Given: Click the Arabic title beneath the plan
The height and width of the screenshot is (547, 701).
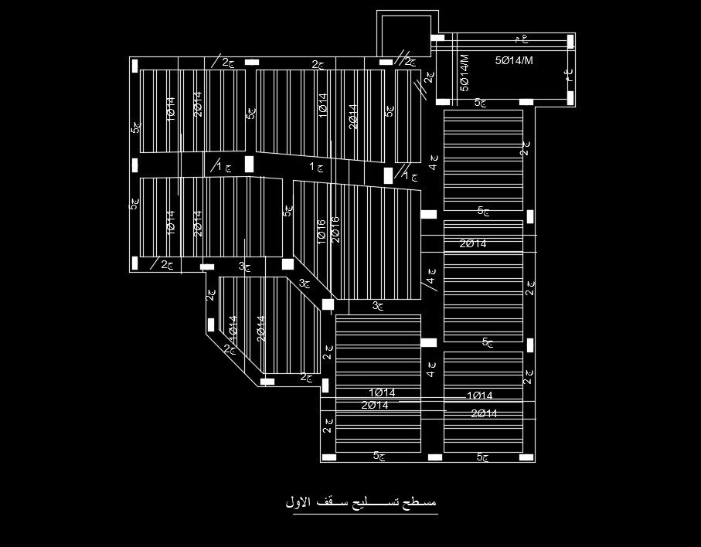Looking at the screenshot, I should (361, 502).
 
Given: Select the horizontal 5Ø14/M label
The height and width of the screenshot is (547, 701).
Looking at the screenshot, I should (514, 59).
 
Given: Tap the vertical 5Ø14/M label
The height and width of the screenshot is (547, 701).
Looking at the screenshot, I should (464, 73).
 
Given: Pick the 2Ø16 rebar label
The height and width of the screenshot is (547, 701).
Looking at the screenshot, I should (335, 229).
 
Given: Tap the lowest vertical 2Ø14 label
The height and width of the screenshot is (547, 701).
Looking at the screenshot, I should (261, 328).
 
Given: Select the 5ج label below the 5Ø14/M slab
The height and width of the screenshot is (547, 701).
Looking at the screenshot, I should (481, 102).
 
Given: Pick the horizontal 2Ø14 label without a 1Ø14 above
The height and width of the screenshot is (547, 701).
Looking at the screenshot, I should (473, 244).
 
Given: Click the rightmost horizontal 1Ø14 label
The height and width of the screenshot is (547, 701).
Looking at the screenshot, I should (479, 396).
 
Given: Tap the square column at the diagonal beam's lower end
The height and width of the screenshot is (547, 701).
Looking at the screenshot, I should (328, 305).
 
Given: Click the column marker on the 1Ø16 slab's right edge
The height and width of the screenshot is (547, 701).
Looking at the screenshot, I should (427, 214).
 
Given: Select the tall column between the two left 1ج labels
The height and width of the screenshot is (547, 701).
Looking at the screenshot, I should (250, 165).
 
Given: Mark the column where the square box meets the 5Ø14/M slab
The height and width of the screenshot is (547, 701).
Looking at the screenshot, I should (437, 37).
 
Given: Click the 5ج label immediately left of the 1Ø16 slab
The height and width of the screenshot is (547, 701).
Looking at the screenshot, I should (288, 209).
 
